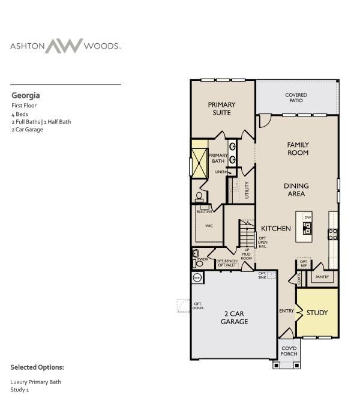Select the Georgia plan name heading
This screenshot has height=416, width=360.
(x=26, y=95)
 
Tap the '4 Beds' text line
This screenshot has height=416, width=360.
(x=20, y=113)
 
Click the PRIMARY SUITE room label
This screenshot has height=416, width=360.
(x=221, y=108)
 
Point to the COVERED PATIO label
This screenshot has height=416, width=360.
(x=296, y=97)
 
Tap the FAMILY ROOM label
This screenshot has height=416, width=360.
(x=298, y=148)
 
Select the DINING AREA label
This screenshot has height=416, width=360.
(x=295, y=190)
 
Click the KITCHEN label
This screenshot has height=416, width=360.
(x=276, y=228)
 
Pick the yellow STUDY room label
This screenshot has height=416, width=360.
(x=317, y=313)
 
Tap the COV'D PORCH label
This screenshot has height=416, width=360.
(x=289, y=351)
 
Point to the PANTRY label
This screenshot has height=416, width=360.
(x=322, y=277)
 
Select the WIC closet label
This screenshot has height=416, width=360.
(x=209, y=226)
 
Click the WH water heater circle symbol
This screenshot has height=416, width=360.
(x=197, y=277)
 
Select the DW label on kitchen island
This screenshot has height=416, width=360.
(x=307, y=217)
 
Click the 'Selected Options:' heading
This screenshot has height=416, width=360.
(x=37, y=367)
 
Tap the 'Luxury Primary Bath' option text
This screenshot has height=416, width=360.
(x=35, y=382)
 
